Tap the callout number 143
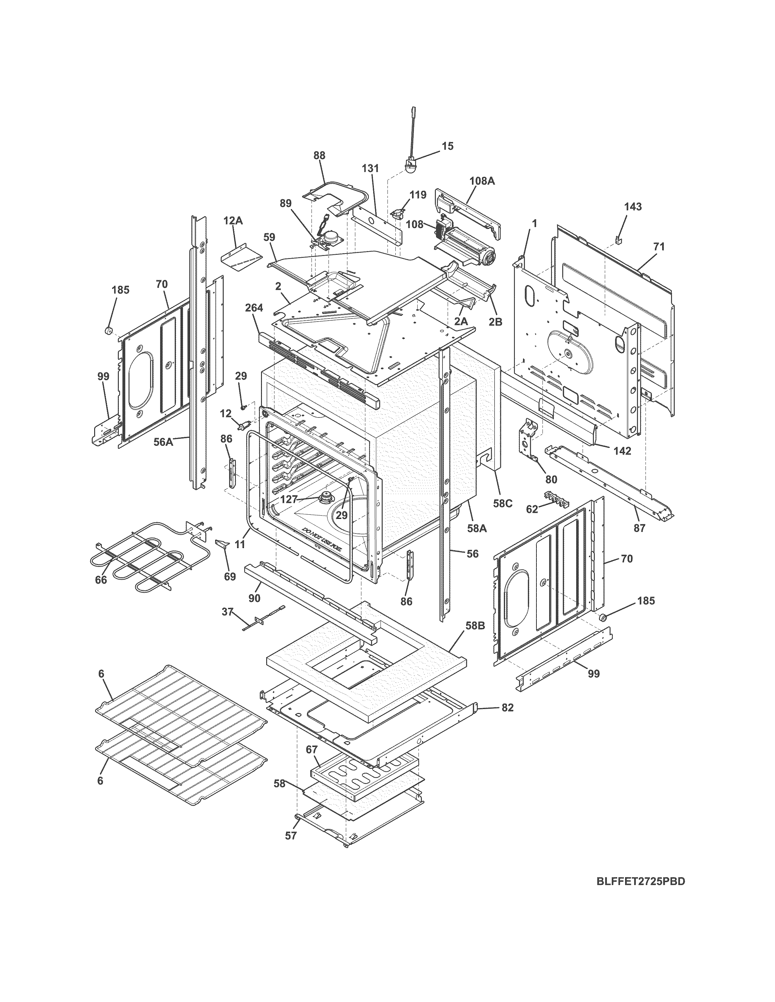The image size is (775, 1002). point(633,207)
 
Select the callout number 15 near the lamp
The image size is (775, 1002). point(447,146)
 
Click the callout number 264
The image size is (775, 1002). point(253,308)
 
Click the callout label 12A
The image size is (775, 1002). point(233,221)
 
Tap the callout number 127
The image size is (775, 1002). point(289,499)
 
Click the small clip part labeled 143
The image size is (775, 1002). point(618,240)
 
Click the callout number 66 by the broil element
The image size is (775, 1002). point(101,580)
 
